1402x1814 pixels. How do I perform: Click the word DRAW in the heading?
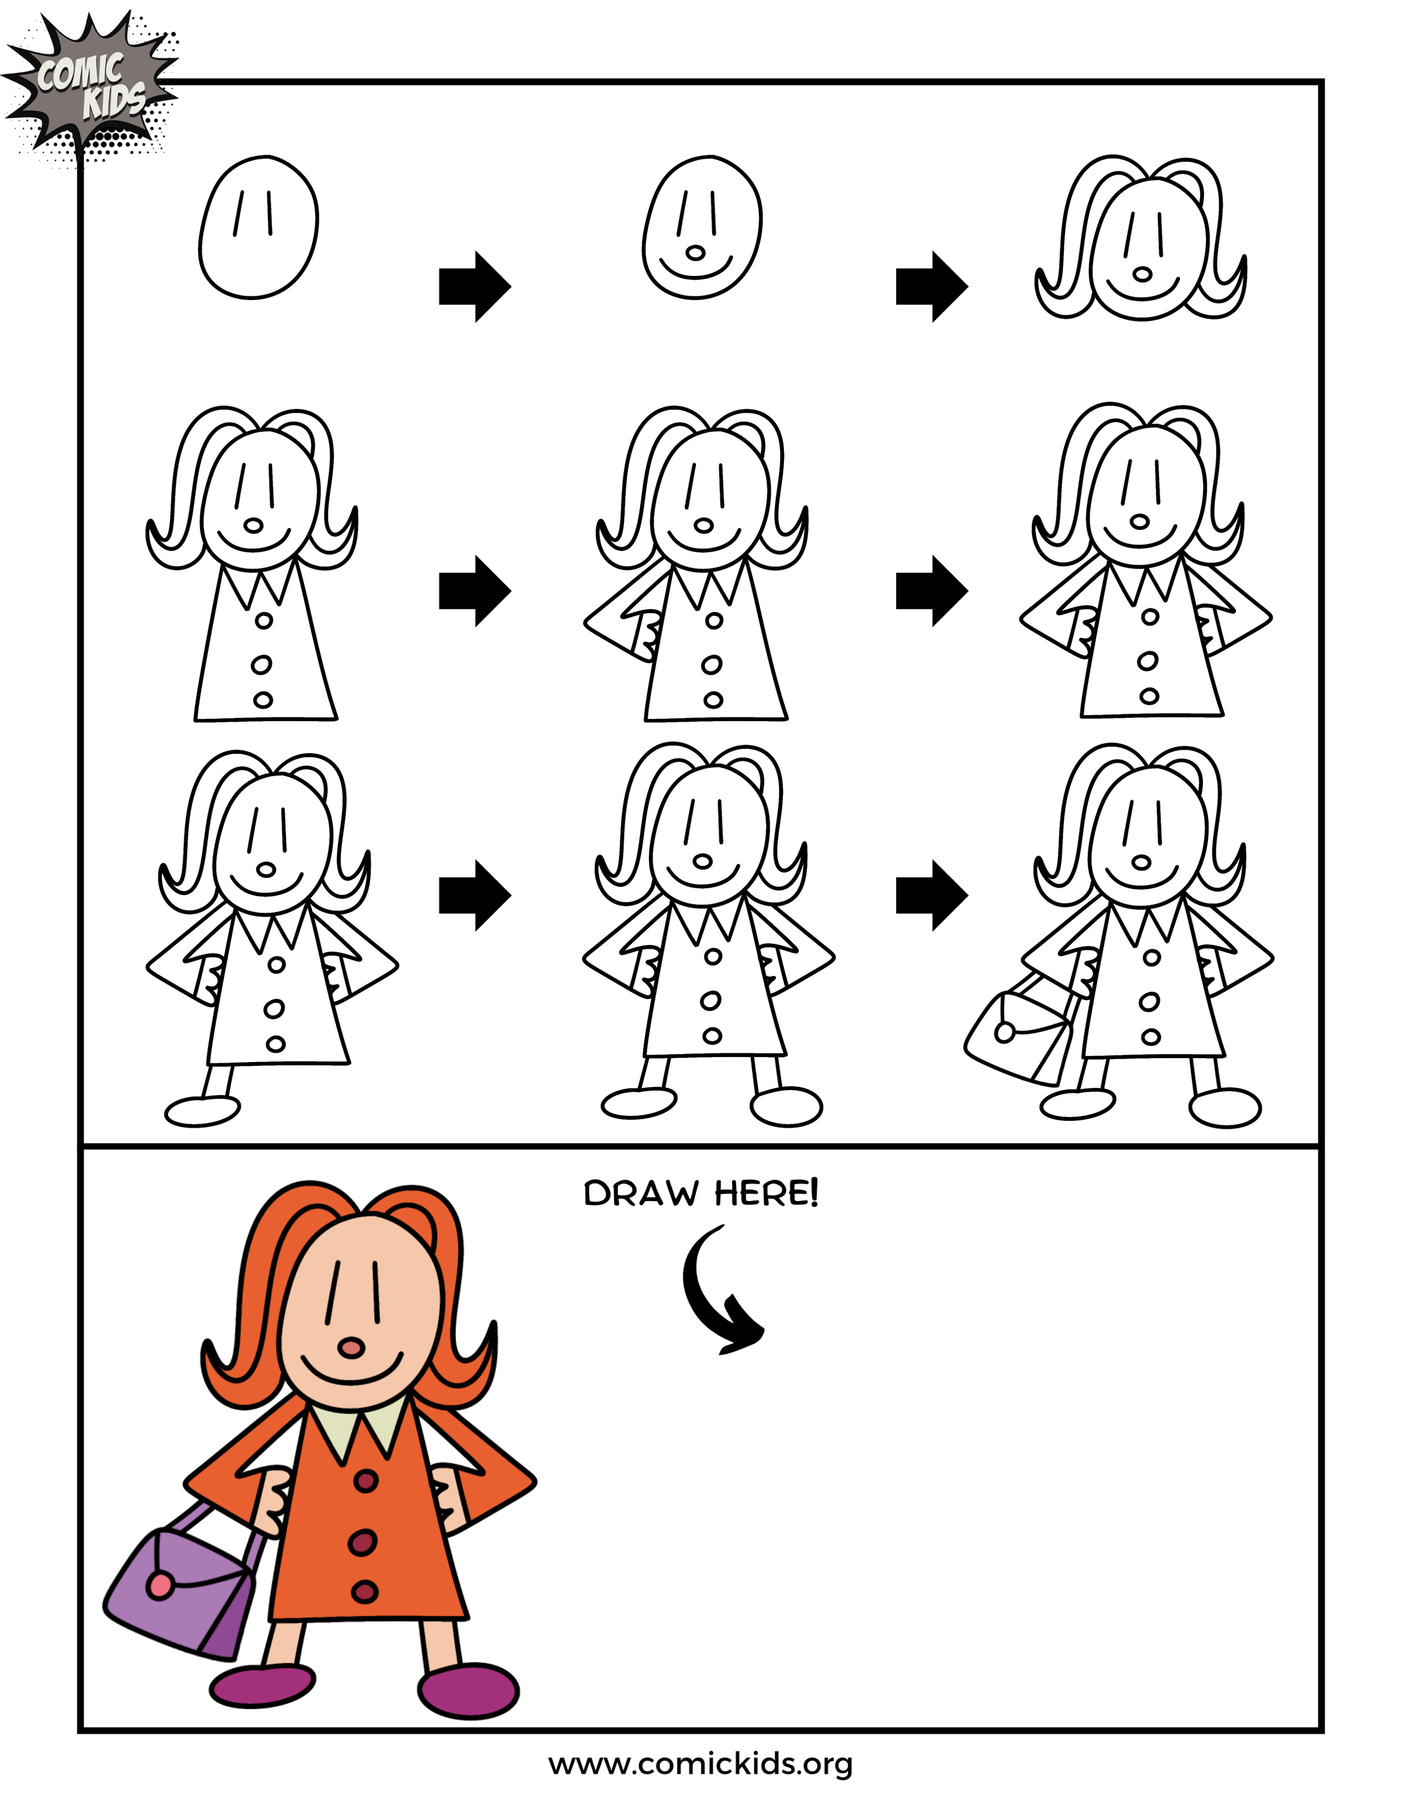coord(640,1194)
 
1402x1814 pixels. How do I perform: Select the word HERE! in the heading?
coord(767,1194)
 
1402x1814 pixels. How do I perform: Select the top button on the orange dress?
coord(366,1480)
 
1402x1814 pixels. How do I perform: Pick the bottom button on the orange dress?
coord(365,1591)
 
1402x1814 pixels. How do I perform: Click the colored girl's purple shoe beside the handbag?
coord(262,1686)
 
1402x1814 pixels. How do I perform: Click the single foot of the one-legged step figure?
coord(202,1110)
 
